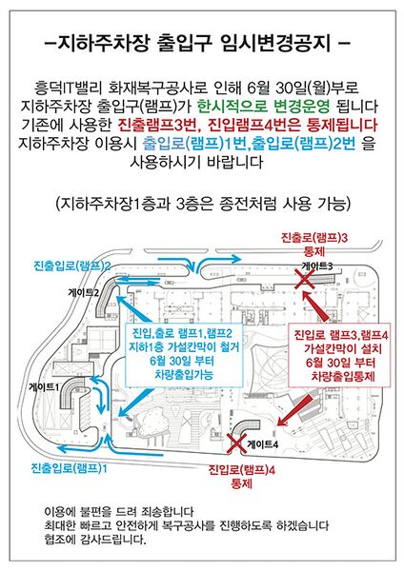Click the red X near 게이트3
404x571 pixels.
pyautogui.click(x=305, y=280)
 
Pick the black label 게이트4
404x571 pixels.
pyautogui.click(x=263, y=443)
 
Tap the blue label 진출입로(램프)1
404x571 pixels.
pyautogui.click(x=69, y=467)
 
